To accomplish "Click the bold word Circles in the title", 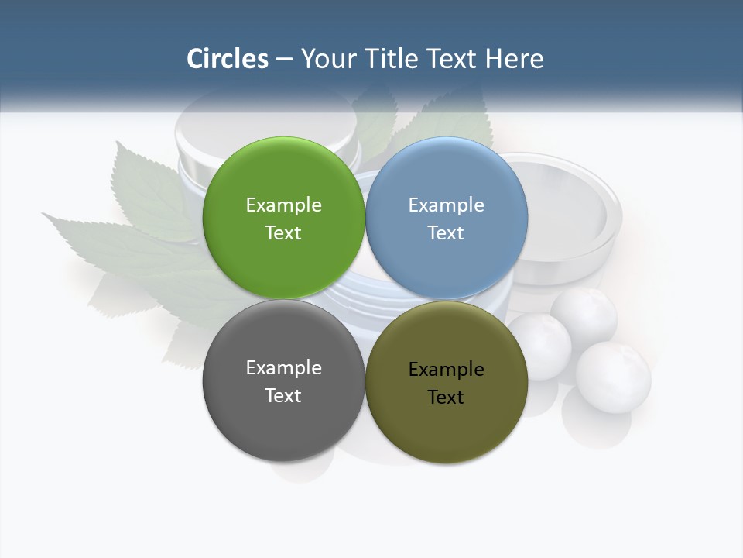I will [227, 59].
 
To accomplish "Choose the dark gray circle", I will [283, 418].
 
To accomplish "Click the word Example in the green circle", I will [283, 205].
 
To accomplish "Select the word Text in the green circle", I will [283, 233].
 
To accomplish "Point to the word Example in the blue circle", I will [446, 205].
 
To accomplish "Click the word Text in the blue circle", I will [446, 233].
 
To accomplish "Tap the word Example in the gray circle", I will [283, 367].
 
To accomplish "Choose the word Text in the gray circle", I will [283, 396].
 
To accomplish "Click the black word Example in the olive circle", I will [446, 369].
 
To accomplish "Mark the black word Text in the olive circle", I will [446, 398].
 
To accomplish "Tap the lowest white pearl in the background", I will [613, 377].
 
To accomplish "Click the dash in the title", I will [284, 60].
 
